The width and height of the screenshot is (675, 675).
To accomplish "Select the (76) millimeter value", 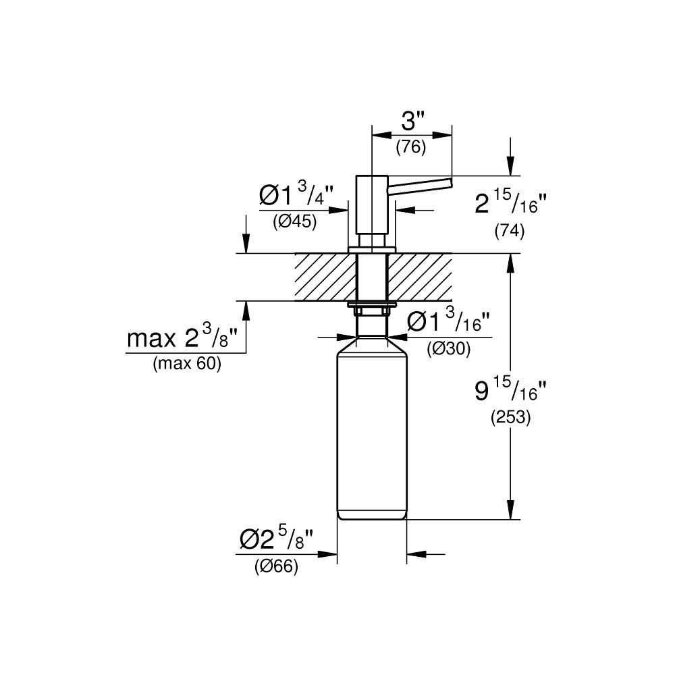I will click(410, 146).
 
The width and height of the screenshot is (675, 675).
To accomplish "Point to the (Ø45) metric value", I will click(295, 222).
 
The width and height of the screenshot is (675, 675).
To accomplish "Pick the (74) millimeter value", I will click(510, 231).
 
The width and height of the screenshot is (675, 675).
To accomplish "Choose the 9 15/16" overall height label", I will click(510, 390).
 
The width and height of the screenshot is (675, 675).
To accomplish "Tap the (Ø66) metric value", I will click(276, 568).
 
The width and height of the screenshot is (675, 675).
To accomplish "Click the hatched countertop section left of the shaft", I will click(324, 277).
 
